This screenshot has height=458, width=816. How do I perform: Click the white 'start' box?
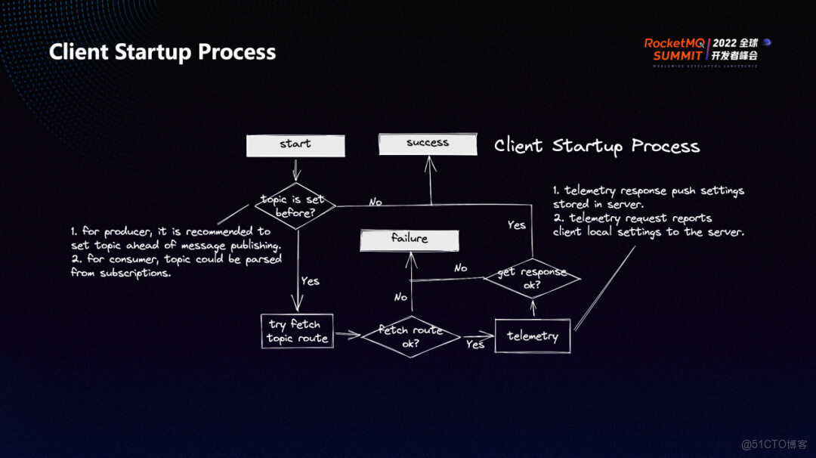coord(295,145)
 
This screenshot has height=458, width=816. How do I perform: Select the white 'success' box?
coord(428,144)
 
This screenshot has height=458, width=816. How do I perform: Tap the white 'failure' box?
coord(410,240)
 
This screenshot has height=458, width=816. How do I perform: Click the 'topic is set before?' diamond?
coord(295,206)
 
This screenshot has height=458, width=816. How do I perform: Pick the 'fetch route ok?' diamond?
coord(410,336)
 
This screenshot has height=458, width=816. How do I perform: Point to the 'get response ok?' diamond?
coord(532,277)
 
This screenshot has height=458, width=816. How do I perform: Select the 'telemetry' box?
coord(533,336)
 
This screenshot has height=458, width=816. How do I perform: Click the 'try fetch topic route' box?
coord(297,331)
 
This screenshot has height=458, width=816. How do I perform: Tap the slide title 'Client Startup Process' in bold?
coord(162,52)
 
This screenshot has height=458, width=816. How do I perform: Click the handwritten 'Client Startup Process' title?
coord(597,146)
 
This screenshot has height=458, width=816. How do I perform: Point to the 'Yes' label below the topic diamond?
coord(310,281)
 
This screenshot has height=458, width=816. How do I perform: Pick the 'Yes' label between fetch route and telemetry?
coord(475,345)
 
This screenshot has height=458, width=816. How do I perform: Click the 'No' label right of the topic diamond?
coord(375,202)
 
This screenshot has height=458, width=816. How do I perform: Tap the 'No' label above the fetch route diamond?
coord(400,297)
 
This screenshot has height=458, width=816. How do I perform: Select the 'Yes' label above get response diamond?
coord(517,224)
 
